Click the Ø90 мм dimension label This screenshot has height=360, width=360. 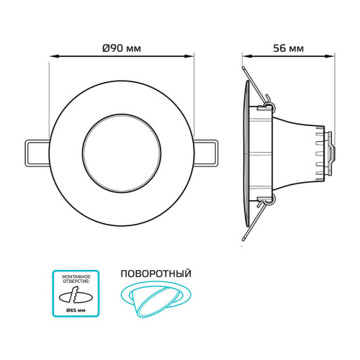click(x=122, y=48)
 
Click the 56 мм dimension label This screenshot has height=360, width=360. click(x=288, y=48)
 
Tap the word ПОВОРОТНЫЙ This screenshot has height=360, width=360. click(x=156, y=274)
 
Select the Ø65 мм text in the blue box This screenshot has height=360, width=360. click(x=76, y=310)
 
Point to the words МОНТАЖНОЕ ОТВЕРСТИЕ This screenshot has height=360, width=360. click(x=76, y=279)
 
